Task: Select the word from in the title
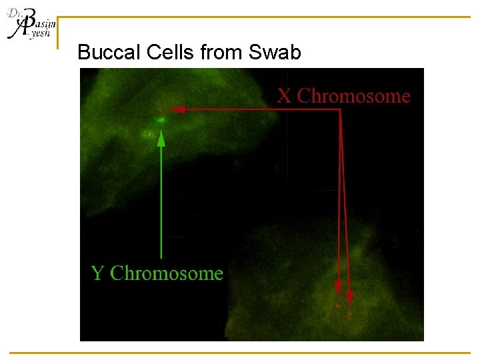click(221, 52)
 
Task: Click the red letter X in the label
click(285, 96)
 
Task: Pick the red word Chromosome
click(353, 96)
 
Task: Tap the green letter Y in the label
click(97, 273)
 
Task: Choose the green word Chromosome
click(166, 273)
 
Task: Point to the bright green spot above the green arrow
click(161, 120)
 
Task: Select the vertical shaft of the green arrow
click(161, 200)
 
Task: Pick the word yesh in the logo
click(40, 33)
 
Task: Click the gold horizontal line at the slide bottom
click(240, 353)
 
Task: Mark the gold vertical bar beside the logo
click(58, 33)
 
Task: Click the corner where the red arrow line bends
click(340, 109)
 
